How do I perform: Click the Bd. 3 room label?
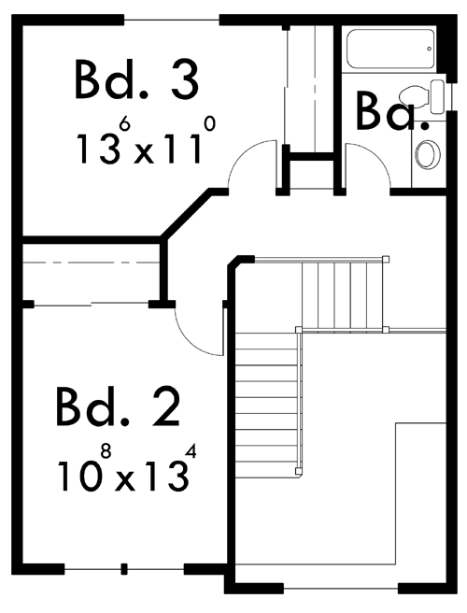click(x=136, y=79)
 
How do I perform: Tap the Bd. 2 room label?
click(x=118, y=407)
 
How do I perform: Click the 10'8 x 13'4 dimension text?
click(x=127, y=468)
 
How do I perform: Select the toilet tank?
click(x=437, y=96)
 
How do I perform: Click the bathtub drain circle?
click(x=429, y=49)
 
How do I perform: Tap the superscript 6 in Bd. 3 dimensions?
click(x=124, y=124)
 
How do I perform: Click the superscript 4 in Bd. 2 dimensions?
click(x=191, y=452)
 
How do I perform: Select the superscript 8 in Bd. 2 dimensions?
click(x=106, y=452)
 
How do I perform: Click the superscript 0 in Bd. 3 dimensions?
click(x=210, y=124)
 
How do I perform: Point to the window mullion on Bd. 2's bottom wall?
click(x=124, y=569)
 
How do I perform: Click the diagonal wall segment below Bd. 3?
click(x=186, y=214)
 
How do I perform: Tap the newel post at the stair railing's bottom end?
click(x=298, y=471)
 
